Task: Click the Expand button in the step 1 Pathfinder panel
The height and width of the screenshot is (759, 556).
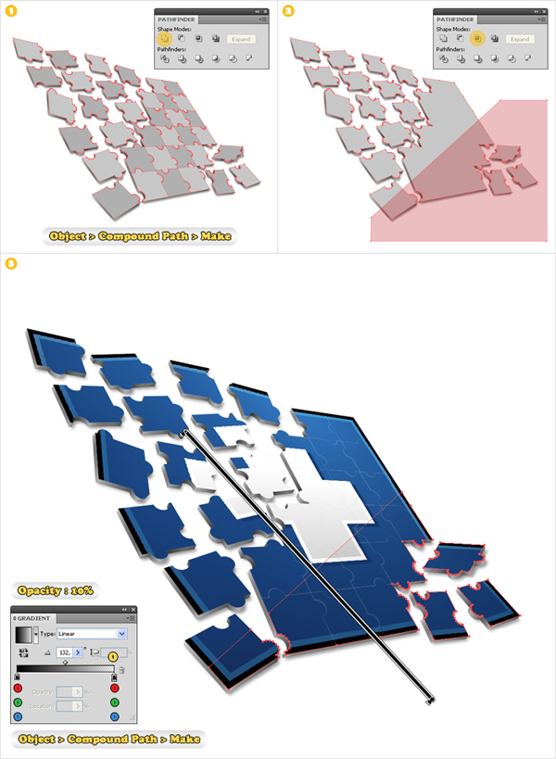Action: pos(240,40)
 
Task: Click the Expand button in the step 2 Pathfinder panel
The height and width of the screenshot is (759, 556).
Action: pos(519,40)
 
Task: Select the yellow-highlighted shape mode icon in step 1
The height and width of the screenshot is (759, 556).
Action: pos(165,39)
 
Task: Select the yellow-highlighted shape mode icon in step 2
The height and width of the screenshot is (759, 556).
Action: pos(476,39)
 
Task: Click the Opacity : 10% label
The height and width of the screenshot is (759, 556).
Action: pos(54,590)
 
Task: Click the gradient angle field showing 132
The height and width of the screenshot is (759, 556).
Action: pos(67,652)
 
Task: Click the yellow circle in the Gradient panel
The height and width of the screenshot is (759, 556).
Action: pos(113,656)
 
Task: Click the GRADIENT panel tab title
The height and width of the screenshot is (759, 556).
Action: pos(35,618)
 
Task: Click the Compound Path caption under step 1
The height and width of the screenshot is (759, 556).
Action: pos(138,235)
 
